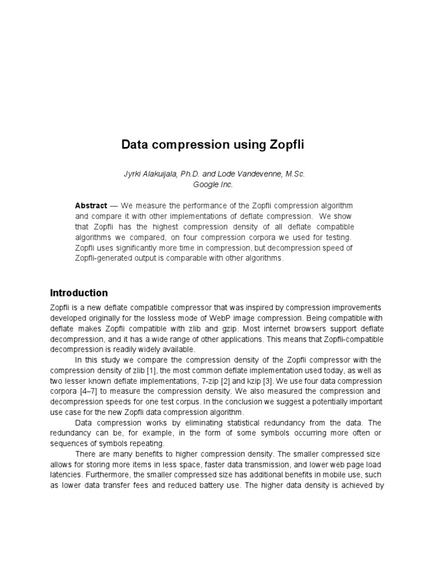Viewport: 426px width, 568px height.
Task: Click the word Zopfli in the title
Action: (x=284, y=145)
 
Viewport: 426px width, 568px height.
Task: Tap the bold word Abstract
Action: (x=91, y=206)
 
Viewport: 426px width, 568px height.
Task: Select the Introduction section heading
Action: (x=79, y=293)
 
